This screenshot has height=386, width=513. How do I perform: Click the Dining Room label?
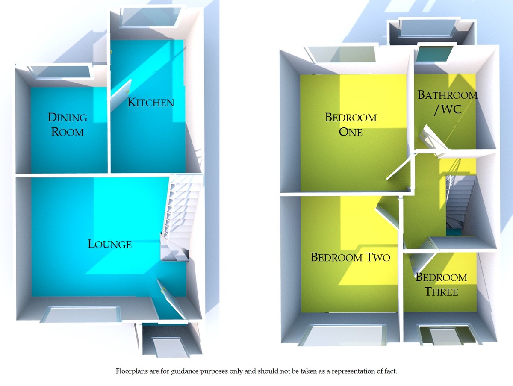point(68,124)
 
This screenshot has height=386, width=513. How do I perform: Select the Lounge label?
point(109,244)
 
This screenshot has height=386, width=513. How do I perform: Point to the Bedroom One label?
point(351,124)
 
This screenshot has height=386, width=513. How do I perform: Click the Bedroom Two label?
point(350,257)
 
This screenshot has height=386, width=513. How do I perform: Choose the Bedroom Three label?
point(441,285)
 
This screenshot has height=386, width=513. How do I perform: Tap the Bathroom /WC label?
point(447,102)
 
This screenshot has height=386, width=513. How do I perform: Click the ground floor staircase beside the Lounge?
point(182,214)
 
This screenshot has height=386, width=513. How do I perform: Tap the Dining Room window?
point(61,72)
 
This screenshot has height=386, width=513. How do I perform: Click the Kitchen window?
point(148,18)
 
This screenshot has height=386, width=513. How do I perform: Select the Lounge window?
point(81,314)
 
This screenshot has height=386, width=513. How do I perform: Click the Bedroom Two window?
point(342,335)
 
